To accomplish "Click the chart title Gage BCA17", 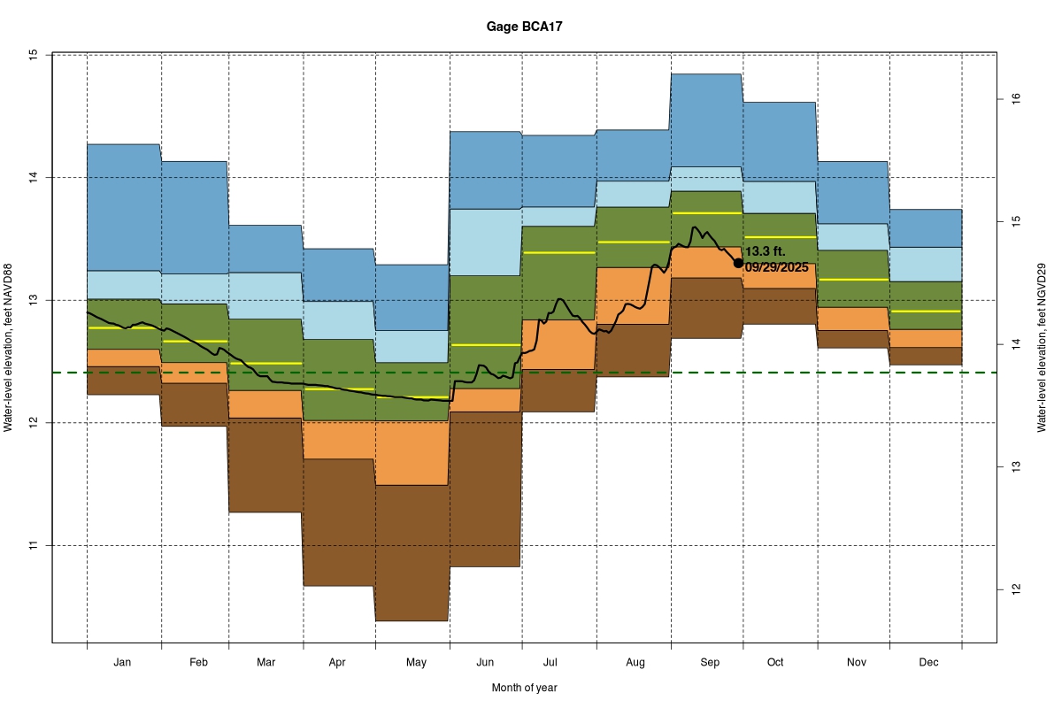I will [524, 27].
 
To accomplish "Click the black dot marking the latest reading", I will [739, 263].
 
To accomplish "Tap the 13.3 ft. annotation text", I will [766, 252].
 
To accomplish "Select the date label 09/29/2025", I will [777, 267].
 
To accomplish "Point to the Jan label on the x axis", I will [123, 662].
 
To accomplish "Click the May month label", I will [416, 662].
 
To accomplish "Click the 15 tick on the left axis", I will [34, 55].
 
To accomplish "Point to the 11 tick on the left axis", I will [34, 546].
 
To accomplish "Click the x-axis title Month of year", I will [524, 688].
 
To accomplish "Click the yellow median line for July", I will [558, 252].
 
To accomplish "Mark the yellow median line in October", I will [779, 237].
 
